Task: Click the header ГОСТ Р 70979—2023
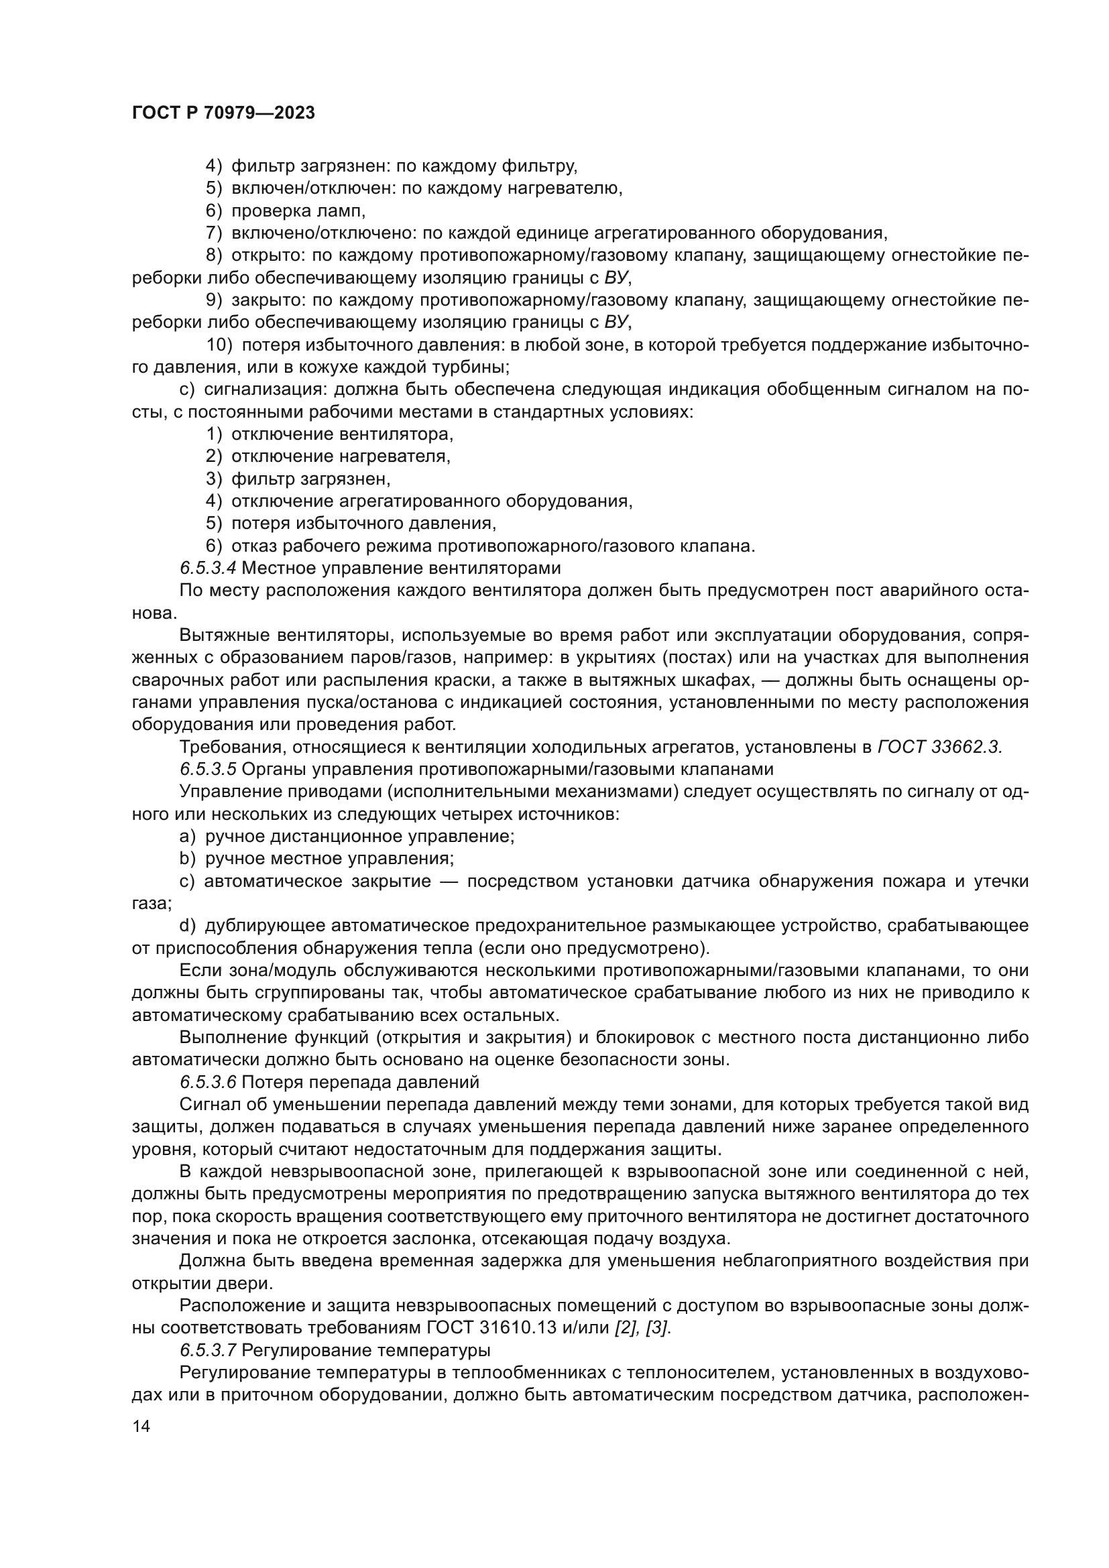(223, 113)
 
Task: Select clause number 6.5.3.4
(209, 568)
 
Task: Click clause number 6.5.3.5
(209, 769)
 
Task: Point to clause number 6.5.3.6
(209, 1082)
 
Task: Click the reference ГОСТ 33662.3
(939, 747)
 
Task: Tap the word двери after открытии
(244, 1283)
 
